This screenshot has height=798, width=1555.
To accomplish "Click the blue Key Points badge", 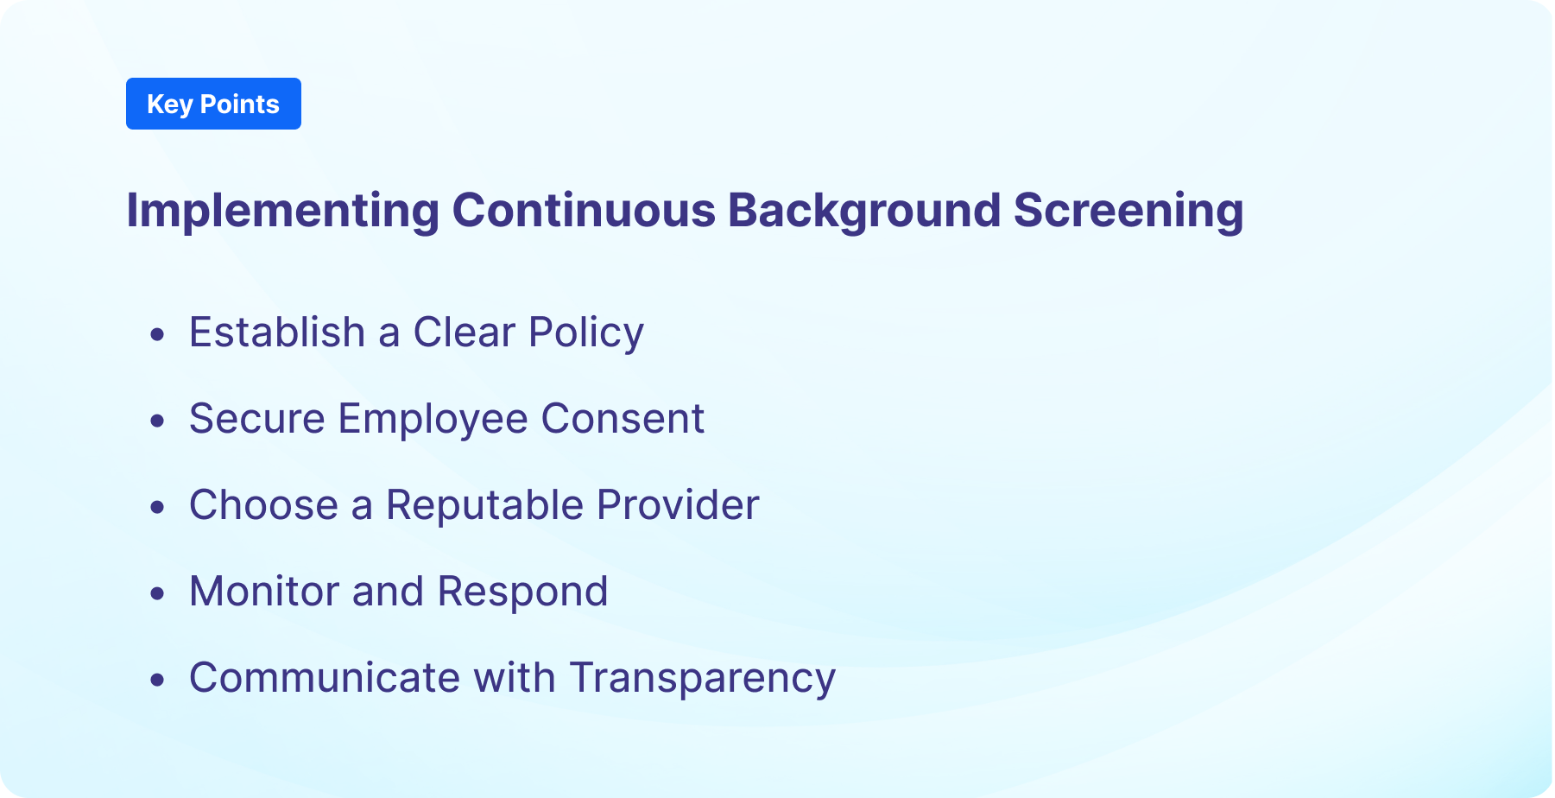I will [x=213, y=104].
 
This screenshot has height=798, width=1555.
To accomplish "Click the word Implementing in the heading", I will [x=282, y=211].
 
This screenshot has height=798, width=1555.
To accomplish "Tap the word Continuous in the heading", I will [x=584, y=211].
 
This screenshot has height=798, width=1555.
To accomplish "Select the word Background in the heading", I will [x=864, y=211].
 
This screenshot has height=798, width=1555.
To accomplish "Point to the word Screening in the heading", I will [x=1128, y=211].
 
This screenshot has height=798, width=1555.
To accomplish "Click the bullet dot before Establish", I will [x=157, y=334].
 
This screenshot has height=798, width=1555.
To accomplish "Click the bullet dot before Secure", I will [x=157, y=421].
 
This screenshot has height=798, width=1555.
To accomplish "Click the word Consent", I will [x=623, y=419].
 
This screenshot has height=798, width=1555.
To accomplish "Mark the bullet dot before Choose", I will [x=157, y=507].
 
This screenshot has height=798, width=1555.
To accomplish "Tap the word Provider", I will [x=678, y=505].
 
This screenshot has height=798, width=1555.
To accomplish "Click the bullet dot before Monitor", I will [x=157, y=593].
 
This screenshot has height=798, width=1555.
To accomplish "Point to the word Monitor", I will [x=264, y=592].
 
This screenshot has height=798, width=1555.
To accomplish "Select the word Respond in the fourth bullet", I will [x=522, y=592].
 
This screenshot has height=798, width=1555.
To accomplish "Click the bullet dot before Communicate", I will [x=157, y=680].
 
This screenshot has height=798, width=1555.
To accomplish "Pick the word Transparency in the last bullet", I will [x=702, y=678].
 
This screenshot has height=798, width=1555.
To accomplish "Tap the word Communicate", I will [x=324, y=678].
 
